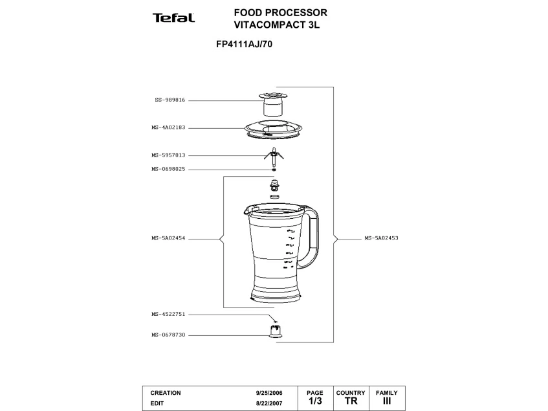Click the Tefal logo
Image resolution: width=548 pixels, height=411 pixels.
[173, 17]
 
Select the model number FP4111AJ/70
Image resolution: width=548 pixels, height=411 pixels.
[239, 45]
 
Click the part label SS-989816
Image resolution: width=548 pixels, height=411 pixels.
[170, 100]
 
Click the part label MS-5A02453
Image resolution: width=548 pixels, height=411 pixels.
[381, 238]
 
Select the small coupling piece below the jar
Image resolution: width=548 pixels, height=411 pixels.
[276, 331]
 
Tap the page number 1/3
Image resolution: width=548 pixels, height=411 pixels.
[315, 402]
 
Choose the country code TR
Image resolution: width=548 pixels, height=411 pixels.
[351, 402]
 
